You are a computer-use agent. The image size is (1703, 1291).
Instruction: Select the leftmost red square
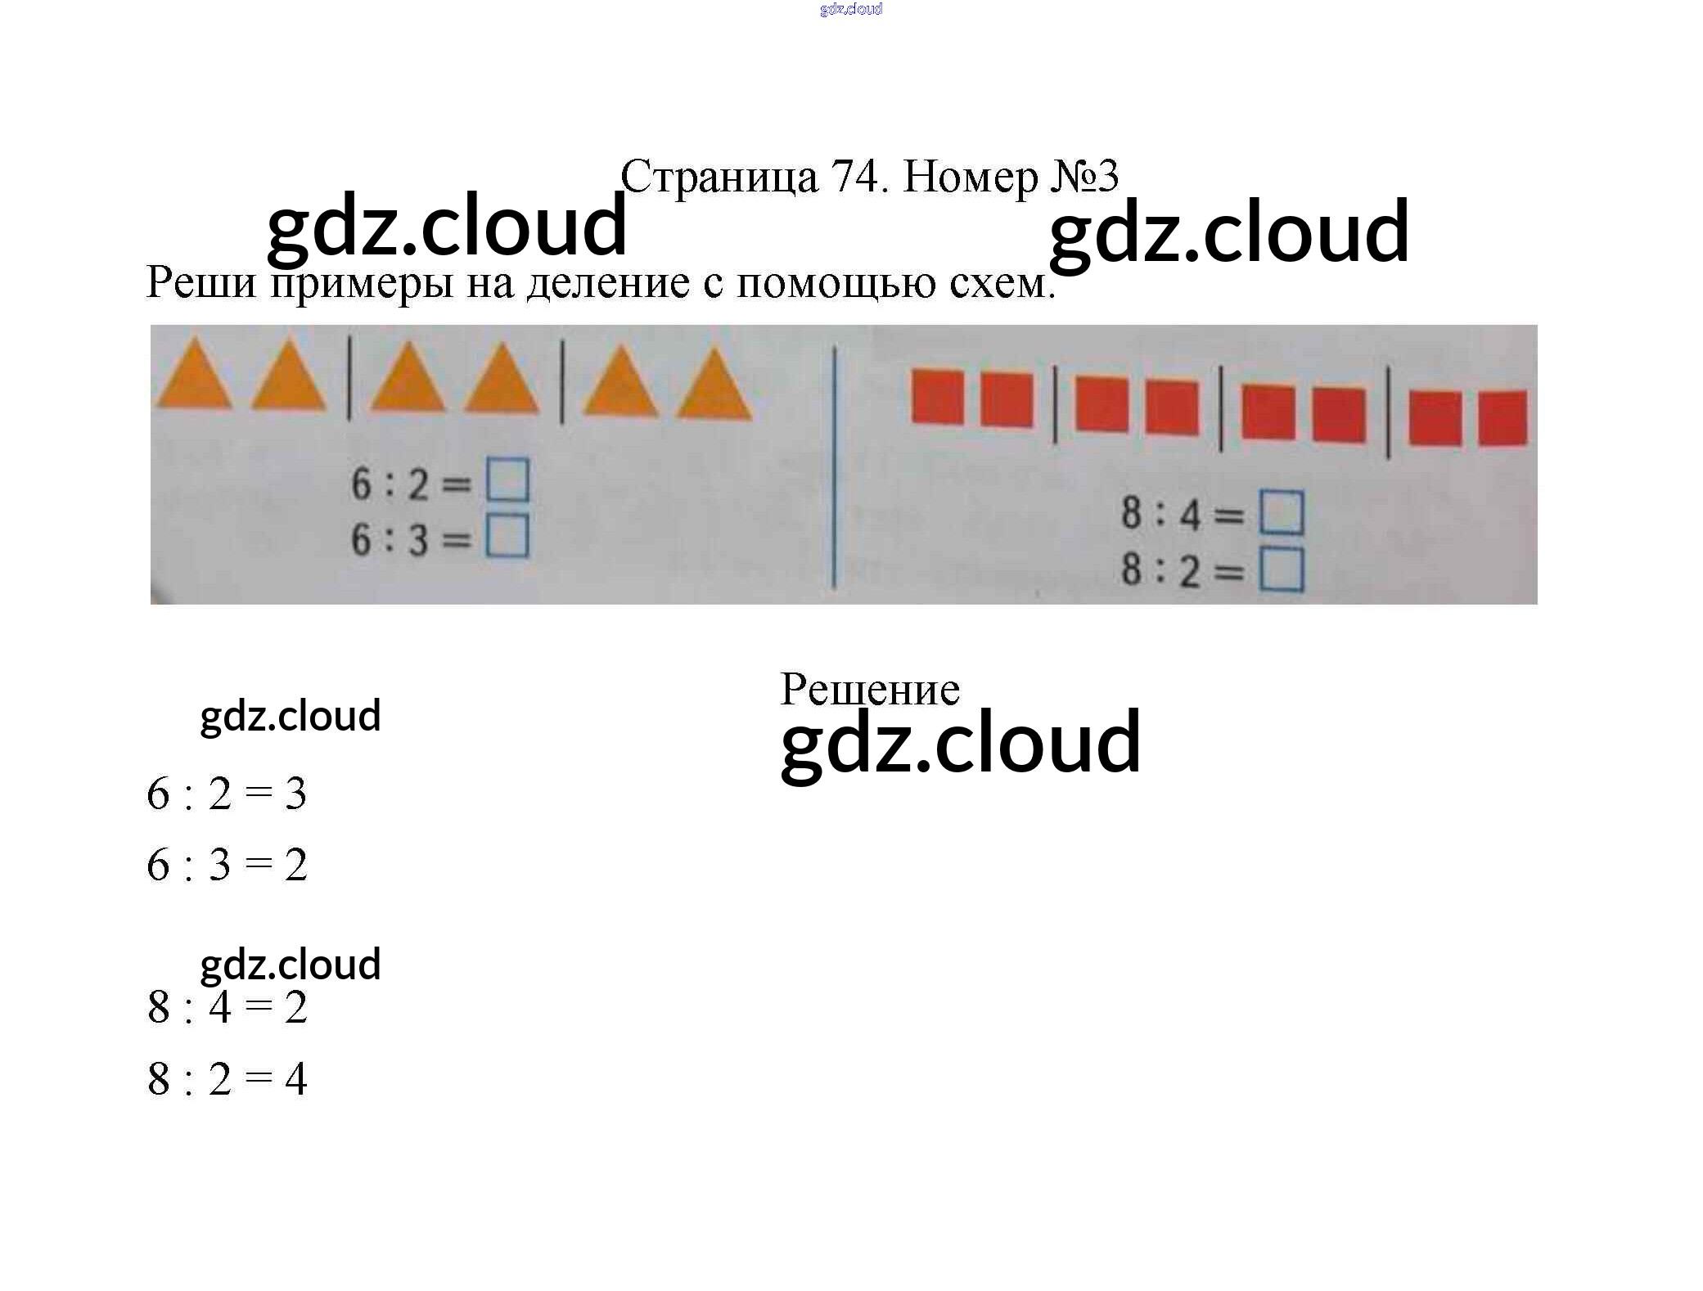tap(937, 398)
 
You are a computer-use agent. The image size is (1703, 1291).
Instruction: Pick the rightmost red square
tap(1503, 417)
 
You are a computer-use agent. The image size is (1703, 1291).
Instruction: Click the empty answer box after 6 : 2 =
tap(507, 480)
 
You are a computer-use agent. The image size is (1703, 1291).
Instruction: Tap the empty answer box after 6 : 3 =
tap(507, 537)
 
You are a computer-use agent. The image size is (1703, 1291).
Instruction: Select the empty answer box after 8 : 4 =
tap(1281, 512)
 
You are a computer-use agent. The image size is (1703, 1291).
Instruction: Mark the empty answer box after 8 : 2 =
tap(1281, 569)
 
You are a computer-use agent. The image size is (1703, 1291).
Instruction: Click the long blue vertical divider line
tap(834, 466)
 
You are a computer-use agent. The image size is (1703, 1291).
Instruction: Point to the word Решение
tap(869, 689)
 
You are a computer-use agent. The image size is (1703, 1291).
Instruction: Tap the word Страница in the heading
tap(719, 177)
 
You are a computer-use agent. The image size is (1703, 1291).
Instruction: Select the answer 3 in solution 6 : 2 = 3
tap(295, 794)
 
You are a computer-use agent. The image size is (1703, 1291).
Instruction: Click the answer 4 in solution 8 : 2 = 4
tap(295, 1078)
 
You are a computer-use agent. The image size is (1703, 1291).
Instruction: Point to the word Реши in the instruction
tap(200, 282)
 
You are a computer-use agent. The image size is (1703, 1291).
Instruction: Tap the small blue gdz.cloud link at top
tap(851, 9)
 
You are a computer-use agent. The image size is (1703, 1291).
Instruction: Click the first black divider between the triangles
tap(349, 378)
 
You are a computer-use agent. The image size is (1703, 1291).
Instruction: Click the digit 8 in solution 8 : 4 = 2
tap(159, 1007)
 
